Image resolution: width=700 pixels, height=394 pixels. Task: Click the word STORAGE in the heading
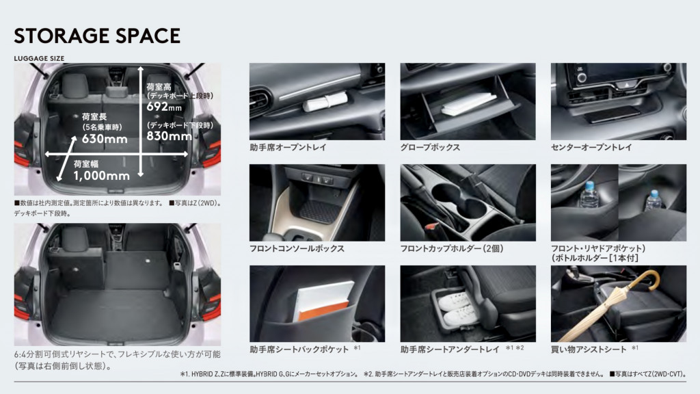[57, 36]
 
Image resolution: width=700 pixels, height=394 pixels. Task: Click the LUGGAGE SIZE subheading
[39, 59]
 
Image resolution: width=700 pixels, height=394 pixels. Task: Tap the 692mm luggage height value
[164, 106]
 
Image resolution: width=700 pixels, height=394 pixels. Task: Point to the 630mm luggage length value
[105, 139]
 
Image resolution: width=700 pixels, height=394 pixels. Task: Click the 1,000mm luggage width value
[101, 176]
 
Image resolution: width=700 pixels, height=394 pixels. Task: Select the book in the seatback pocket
[325, 301]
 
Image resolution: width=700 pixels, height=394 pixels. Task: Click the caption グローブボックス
[430, 148]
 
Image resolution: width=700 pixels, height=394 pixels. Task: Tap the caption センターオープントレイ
[591, 148]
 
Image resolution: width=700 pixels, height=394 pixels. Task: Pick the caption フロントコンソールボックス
[297, 249]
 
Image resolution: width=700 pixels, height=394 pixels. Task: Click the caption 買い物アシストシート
[589, 350]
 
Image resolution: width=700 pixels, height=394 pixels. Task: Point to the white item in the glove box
[469, 104]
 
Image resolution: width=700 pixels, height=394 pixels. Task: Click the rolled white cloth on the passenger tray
[325, 101]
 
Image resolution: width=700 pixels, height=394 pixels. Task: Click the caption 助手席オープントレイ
[288, 148]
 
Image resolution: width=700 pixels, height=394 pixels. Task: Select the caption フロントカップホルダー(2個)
[452, 249]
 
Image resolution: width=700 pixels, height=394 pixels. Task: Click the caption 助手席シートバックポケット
[299, 350]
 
